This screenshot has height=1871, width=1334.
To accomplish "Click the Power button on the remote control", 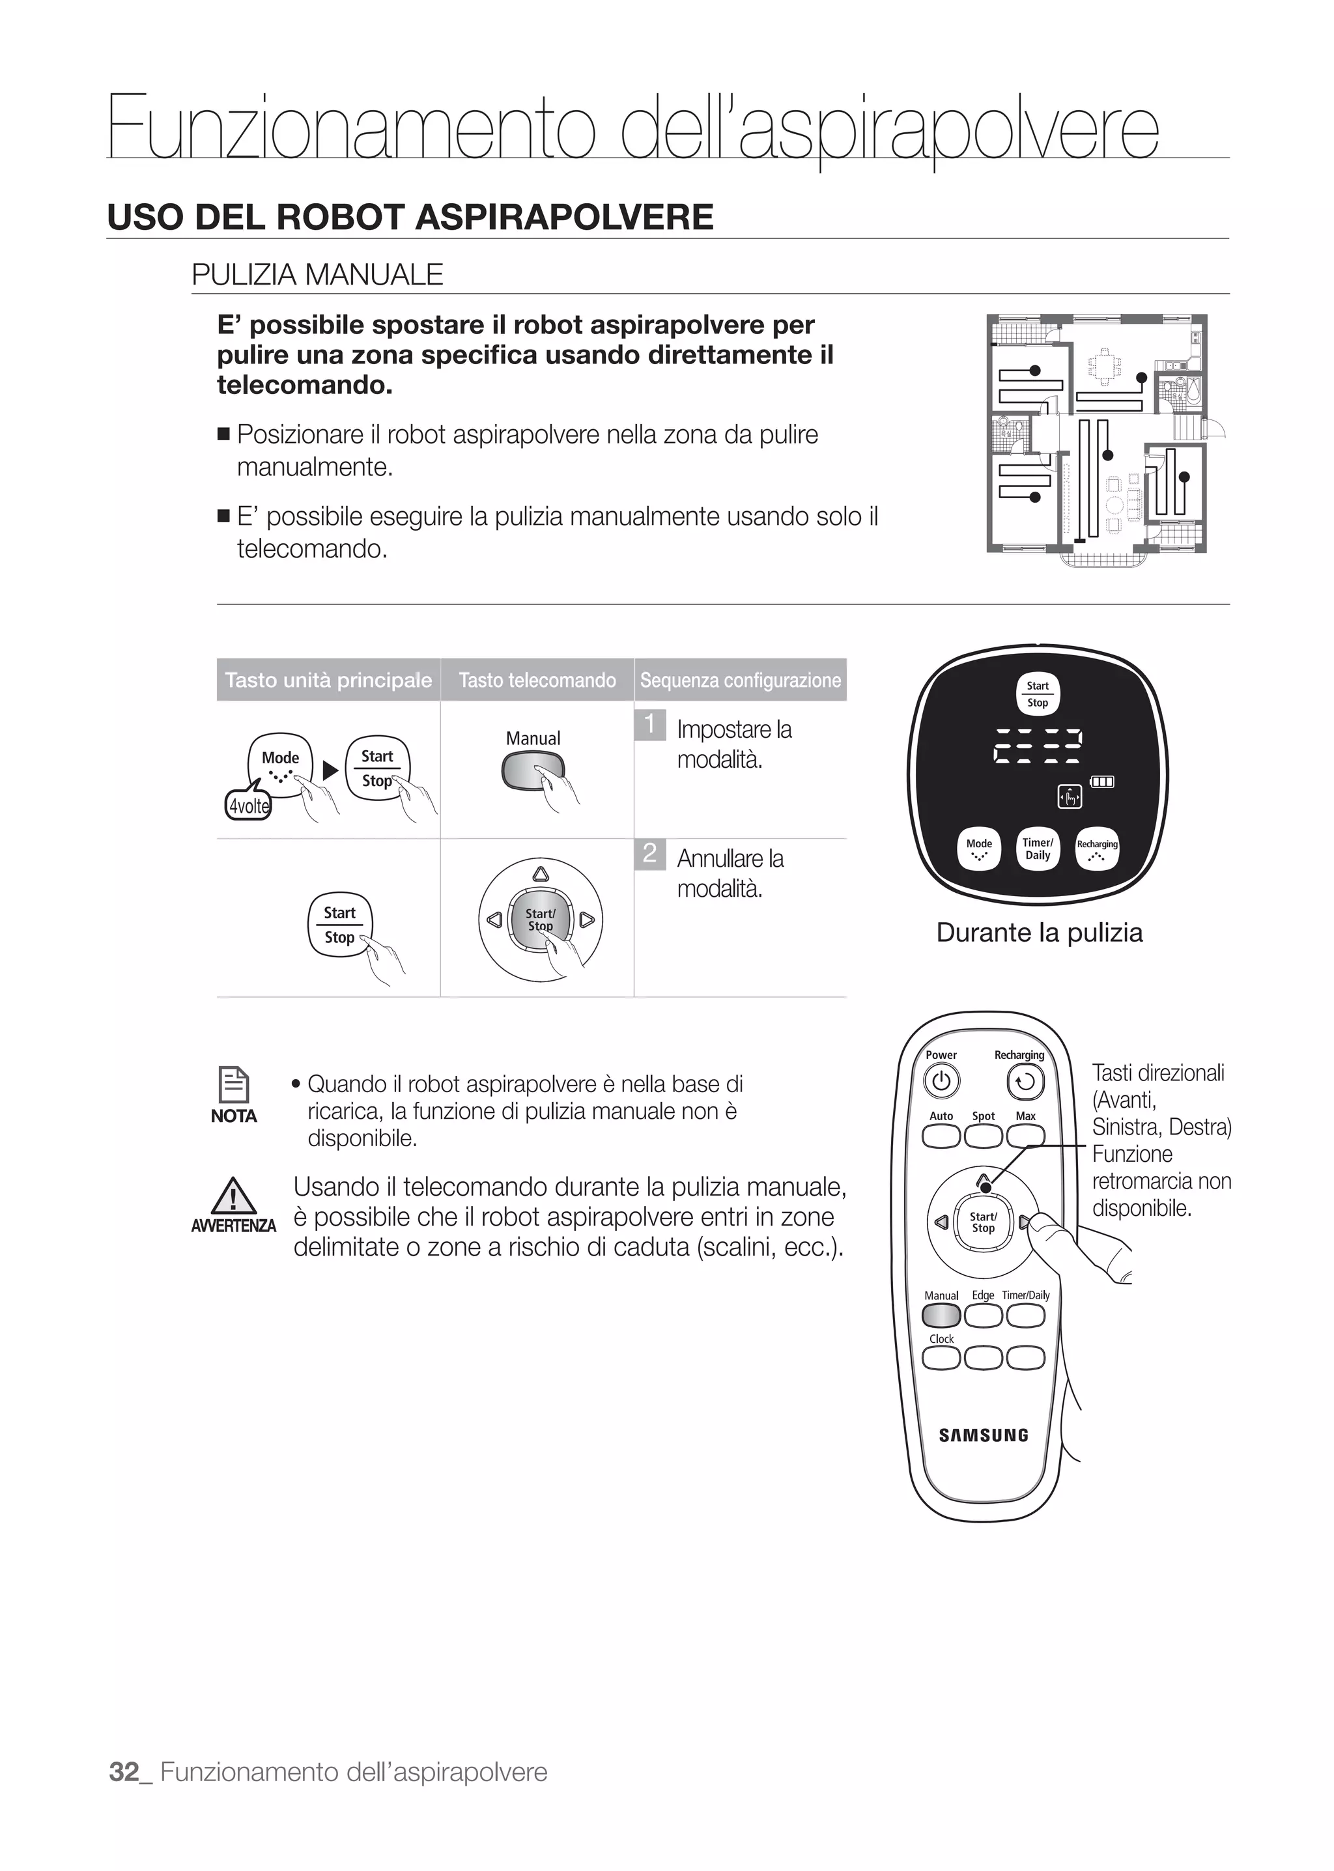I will click(941, 1081).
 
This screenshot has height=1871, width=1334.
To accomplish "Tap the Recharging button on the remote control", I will click(1025, 1082).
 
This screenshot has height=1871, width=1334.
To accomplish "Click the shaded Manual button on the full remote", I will click(941, 1315).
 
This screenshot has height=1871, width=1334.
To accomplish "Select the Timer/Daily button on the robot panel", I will click(1038, 849).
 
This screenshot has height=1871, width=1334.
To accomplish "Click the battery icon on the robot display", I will click(1101, 781).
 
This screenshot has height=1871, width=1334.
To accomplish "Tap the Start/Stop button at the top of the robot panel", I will click(1038, 694).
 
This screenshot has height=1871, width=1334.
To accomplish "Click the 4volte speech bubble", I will click(248, 806).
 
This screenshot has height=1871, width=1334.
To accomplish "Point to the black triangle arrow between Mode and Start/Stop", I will click(330, 770).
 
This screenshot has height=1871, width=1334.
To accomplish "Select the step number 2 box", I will click(649, 853).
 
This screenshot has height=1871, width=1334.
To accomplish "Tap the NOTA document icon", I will click(233, 1084).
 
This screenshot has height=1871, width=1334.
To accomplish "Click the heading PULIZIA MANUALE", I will click(317, 274).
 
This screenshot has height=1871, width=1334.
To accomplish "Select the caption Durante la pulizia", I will click(1039, 932).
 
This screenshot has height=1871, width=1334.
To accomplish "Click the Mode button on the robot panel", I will click(979, 849).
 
